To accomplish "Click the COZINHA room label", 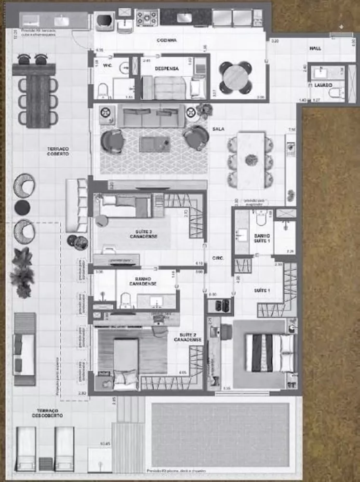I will click(x=166, y=40).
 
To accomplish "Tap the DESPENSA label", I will click(x=167, y=69).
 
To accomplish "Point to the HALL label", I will click(x=315, y=49).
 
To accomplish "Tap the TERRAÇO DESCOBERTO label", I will click(x=47, y=413).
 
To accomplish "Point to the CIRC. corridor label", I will click(x=218, y=258).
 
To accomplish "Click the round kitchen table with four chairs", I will click(x=236, y=78).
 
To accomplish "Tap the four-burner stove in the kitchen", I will click(x=147, y=18).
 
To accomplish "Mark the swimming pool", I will click(x=220, y=434).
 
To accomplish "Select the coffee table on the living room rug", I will click(x=154, y=143).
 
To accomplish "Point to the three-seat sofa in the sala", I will click(x=151, y=116).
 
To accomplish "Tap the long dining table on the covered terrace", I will click(x=38, y=101).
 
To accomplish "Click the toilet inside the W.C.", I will click(x=103, y=91).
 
